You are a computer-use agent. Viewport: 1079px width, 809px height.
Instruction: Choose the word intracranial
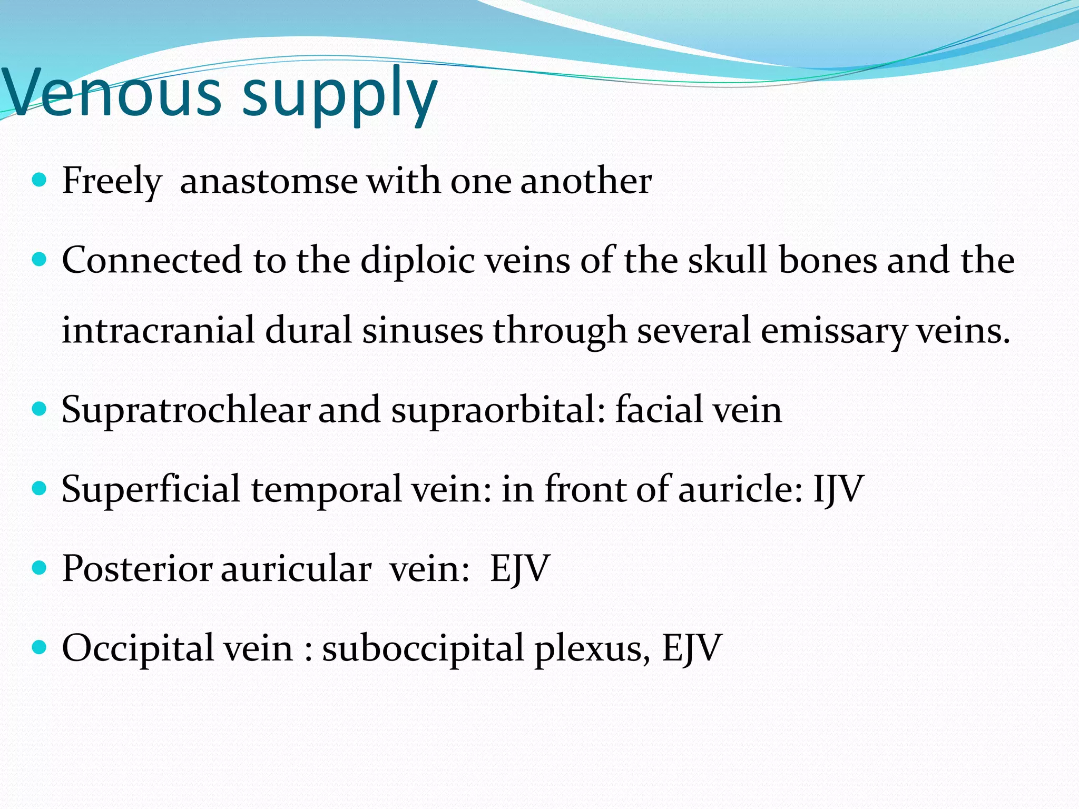(158, 331)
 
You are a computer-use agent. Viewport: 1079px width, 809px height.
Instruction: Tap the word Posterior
(137, 569)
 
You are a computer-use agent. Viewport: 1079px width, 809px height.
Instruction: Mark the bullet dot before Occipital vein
(40, 647)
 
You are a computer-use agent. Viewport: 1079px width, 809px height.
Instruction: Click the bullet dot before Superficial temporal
(40, 488)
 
